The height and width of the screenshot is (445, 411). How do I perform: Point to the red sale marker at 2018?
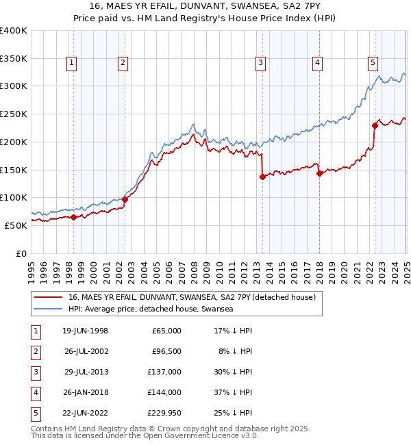click(x=319, y=173)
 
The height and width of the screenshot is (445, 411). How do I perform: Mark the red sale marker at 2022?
click(x=375, y=125)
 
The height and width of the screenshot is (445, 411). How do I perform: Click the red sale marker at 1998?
click(x=73, y=217)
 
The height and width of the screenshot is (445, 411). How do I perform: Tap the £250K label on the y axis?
click(x=14, y=114)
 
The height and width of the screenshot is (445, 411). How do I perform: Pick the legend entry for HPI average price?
click(x=151, y=309)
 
